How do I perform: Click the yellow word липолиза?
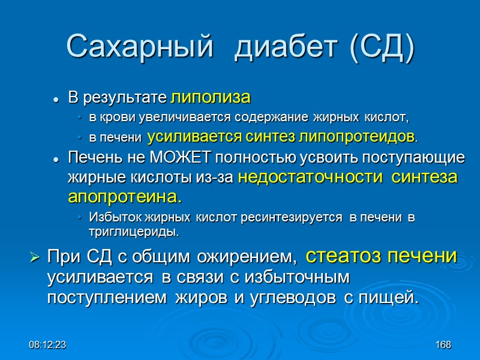(211, 98)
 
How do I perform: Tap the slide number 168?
(443, 346)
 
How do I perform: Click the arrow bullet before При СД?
(34, 259)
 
